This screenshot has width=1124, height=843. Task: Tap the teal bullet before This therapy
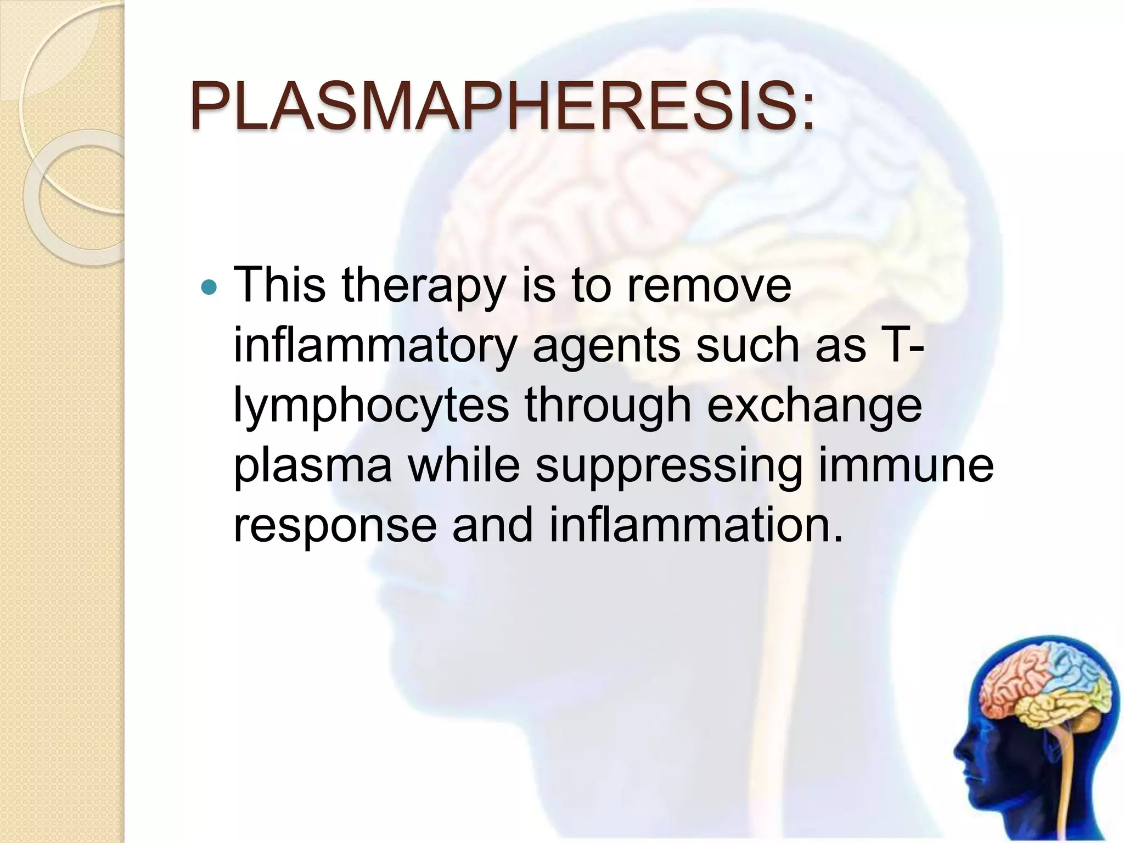[209, 287]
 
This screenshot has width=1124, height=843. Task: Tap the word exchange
[814, 407]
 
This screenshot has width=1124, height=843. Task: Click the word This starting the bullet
[279, 285]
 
